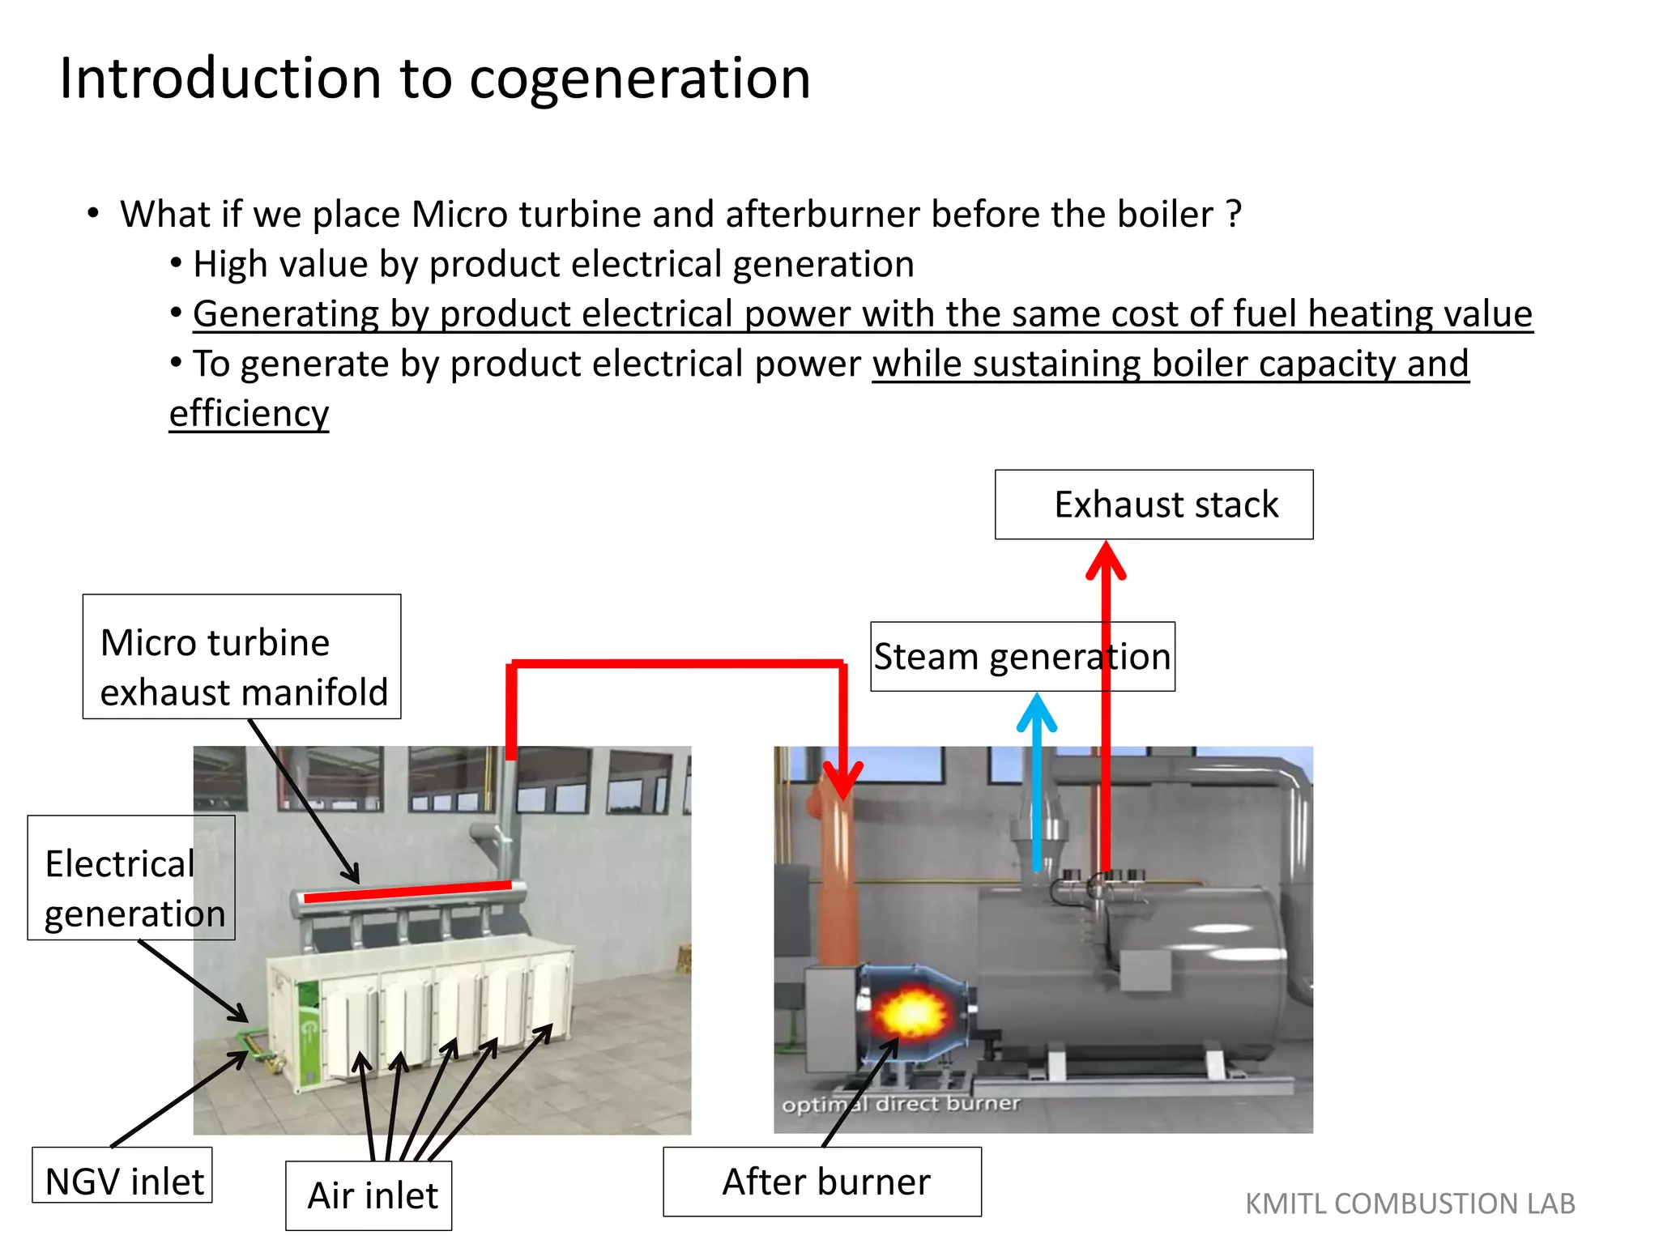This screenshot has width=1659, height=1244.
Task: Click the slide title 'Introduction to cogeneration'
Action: point(435,79)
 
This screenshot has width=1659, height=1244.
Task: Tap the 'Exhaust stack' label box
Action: point(1154,505)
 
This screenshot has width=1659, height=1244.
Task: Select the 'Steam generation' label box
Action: point(1022,657)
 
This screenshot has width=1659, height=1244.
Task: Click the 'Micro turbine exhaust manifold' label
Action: point(241,657)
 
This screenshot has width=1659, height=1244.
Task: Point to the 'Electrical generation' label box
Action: point(131,878)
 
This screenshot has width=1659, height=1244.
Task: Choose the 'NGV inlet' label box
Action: point(123,1176)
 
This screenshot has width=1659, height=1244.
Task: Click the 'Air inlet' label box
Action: point(369,1195)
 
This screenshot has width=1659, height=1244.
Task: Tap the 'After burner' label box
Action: point(822,1182)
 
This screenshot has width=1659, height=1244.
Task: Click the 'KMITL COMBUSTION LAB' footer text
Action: point(1410,1204)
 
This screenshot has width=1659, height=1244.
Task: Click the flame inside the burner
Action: point(911,1012)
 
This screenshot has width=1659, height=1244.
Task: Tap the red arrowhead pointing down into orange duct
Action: point(843,781)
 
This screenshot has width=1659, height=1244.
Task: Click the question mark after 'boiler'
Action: point(1233,215)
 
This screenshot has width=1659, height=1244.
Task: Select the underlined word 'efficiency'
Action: point(249,414)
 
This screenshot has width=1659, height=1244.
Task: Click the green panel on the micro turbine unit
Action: point(308,1033)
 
